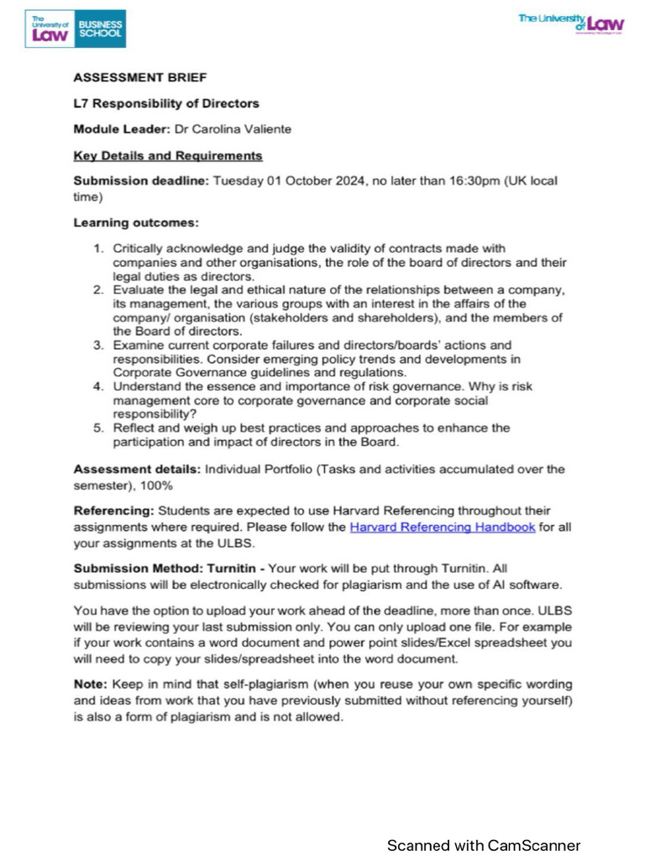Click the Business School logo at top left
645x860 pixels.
pos(75,29)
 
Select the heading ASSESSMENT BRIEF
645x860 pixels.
pos(127,77)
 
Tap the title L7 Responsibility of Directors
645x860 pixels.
pos(166,103)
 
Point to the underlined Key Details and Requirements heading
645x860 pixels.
pos(168,155)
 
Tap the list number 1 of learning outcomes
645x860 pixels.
pos(98,248)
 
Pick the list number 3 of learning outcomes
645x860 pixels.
pos(98,345)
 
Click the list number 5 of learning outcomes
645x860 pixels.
pos(98,427)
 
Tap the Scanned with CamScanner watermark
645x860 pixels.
pos(483,844)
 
